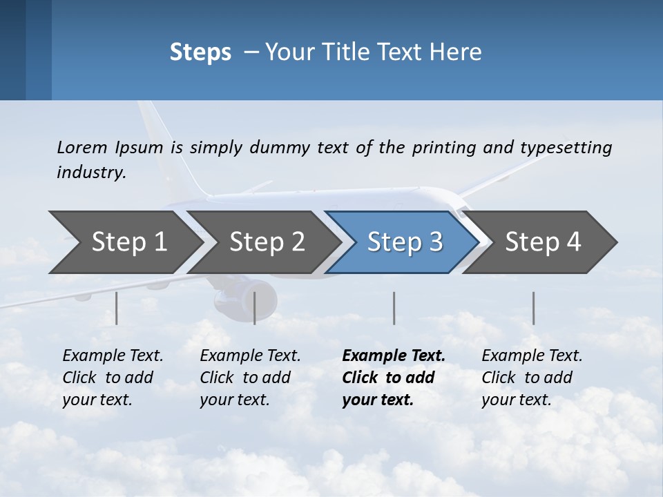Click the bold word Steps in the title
200,52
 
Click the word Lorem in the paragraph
81,147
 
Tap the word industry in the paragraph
90,173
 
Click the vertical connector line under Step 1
117,308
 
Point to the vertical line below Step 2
255,308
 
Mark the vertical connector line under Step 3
394,308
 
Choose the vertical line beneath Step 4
533,308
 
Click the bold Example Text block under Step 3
392,378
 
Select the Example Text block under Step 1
112,378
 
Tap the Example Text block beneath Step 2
249,378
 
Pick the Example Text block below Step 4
531,378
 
